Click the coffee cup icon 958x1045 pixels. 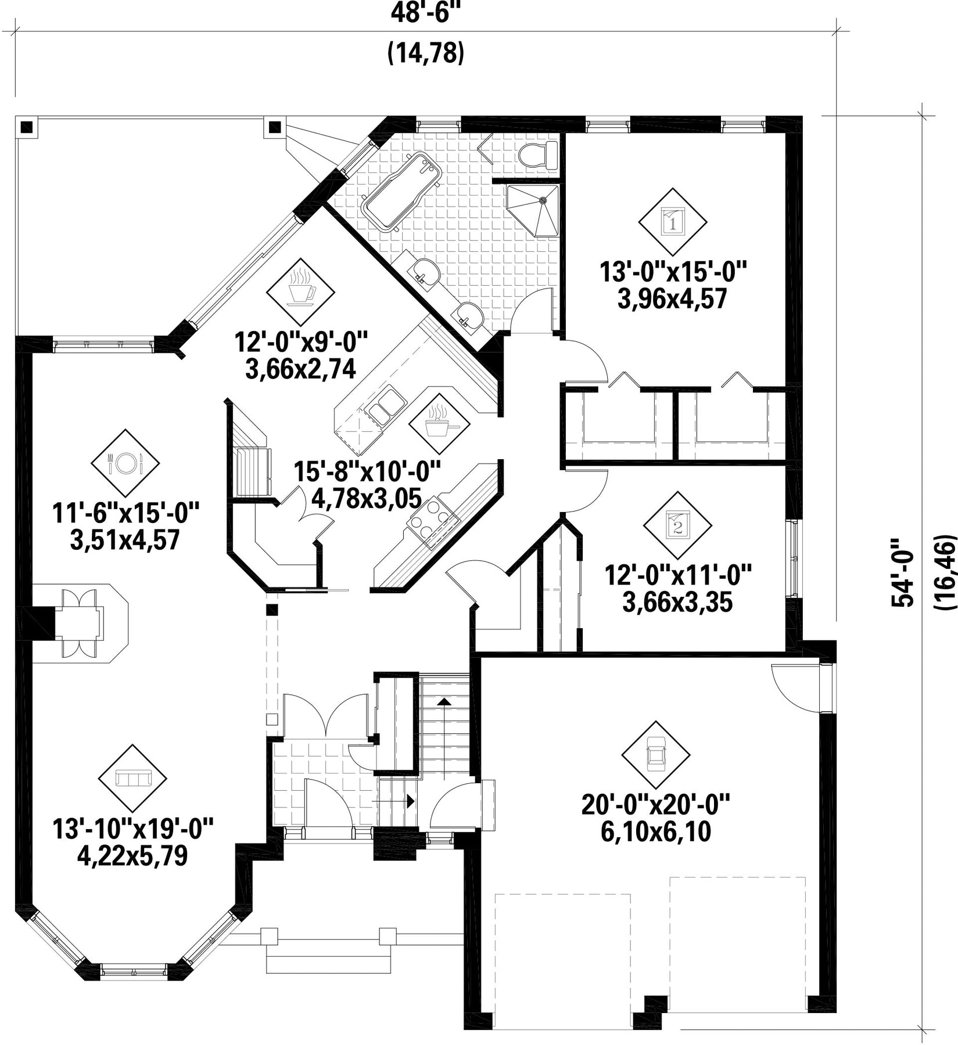pyautogui.click(x=300, y=291)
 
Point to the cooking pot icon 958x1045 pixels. pyautogui.click(x=439, y=424)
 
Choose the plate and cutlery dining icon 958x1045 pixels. pyautogui.click(x=125, y=463)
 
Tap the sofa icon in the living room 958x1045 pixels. pyautogui.click(x=132, y=778)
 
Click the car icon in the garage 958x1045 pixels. pyautogui.click(x=656, y=755)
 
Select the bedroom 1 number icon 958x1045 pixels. pyautogui.click(x=673, y=221)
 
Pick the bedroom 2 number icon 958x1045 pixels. pyautogui.click(x=677, y=525)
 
